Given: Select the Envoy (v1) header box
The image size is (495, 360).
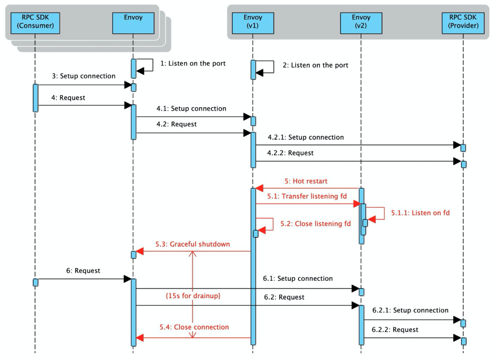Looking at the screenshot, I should [253, 22].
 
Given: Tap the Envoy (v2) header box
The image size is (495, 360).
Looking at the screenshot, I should [361, 22].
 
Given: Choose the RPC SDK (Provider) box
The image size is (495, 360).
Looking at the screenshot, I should [463, 22].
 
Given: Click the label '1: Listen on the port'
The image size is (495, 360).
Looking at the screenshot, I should [192, 64].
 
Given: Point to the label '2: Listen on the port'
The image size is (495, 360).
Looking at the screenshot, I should [315, 65].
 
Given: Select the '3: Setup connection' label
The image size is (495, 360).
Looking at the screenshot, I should [82, 76].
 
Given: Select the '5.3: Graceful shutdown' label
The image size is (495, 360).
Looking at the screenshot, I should [194, 244].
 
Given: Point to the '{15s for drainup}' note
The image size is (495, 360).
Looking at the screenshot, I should [193, 296].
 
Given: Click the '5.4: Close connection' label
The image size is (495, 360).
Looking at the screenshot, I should [194, 327].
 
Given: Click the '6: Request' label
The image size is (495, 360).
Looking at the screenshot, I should [82, 271].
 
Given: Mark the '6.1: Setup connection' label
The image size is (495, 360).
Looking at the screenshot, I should [298, 278].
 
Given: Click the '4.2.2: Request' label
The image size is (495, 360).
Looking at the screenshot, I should [291, 153].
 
